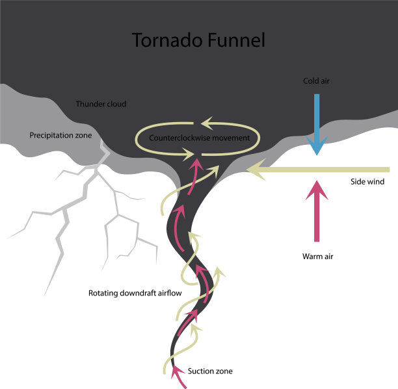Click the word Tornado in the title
pyautogui.click(x=165, y=40)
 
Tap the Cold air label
pyautogui.click(x=317, y=81)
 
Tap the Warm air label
pyautogui.click(x=317, y=256)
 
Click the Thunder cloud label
pyautogui.click(x=101, y=104)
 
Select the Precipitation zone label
pyautogui.click(x=60, y=135)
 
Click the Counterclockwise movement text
pyautogui.click(x=199, y=138)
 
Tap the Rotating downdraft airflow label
pyautogui.click(x=135, y=293)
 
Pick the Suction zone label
pyautogui.click(x=209, y=371)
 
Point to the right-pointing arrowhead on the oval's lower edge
pyautogui.click(x=189, y=155)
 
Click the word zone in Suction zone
pyautogui.click(x=222, y=371)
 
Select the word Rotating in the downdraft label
pyautogui.click(x=103, y=293)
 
